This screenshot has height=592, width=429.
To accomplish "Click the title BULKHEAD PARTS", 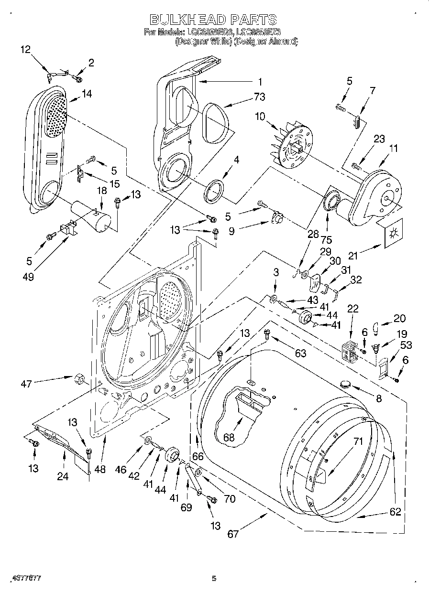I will click(213, 20).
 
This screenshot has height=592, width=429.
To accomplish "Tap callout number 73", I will click(259, 98).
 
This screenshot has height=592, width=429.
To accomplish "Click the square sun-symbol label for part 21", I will click(394, 233).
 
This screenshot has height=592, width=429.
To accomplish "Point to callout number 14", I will click(87, 94).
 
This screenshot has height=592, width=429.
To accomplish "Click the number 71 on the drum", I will click(358, 441).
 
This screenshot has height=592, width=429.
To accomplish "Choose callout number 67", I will click(233, 534).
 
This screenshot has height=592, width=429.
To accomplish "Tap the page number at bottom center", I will click(214, 579).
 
